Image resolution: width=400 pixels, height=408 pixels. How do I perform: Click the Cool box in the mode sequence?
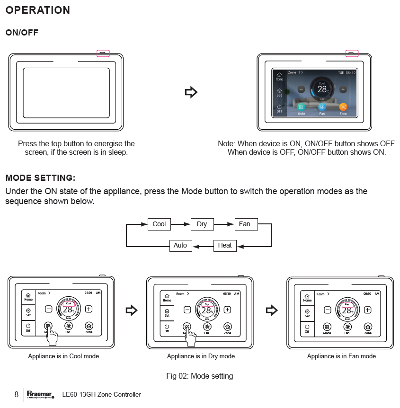[x=159, y=224]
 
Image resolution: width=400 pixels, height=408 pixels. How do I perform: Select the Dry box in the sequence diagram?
[x=202, y=224]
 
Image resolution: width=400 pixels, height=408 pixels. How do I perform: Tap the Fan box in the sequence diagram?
[x=244, y=224]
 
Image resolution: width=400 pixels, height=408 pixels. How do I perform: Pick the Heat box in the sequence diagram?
[x=225, y=245]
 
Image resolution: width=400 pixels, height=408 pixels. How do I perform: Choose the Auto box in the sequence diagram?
[x=180, y=245]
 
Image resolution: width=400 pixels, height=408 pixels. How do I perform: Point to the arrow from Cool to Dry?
[x=180, y=224]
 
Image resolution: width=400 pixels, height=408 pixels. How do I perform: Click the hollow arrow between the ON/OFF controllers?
[x=190, y=92]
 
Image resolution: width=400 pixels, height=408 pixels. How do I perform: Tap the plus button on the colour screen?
[x=343, y=89]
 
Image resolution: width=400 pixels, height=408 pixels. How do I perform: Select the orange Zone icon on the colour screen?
[x=343, y=107]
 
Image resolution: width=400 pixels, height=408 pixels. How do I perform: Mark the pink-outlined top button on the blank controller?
[x=103, y=53]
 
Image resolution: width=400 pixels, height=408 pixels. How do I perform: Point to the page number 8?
[x=17, y=394]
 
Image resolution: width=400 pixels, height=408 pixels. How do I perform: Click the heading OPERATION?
[x=38, y=10]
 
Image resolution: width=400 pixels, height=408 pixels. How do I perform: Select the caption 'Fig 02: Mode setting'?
[x=200, y=376]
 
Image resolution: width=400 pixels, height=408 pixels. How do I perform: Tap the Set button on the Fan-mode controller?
[x=307, y=313]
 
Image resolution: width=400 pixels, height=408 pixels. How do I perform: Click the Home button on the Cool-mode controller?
[x=28, y=297]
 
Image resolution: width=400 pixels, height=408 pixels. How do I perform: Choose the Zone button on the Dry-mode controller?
[x=228, y=327]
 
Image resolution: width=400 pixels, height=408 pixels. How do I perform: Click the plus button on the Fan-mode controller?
[x=367, y=310]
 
